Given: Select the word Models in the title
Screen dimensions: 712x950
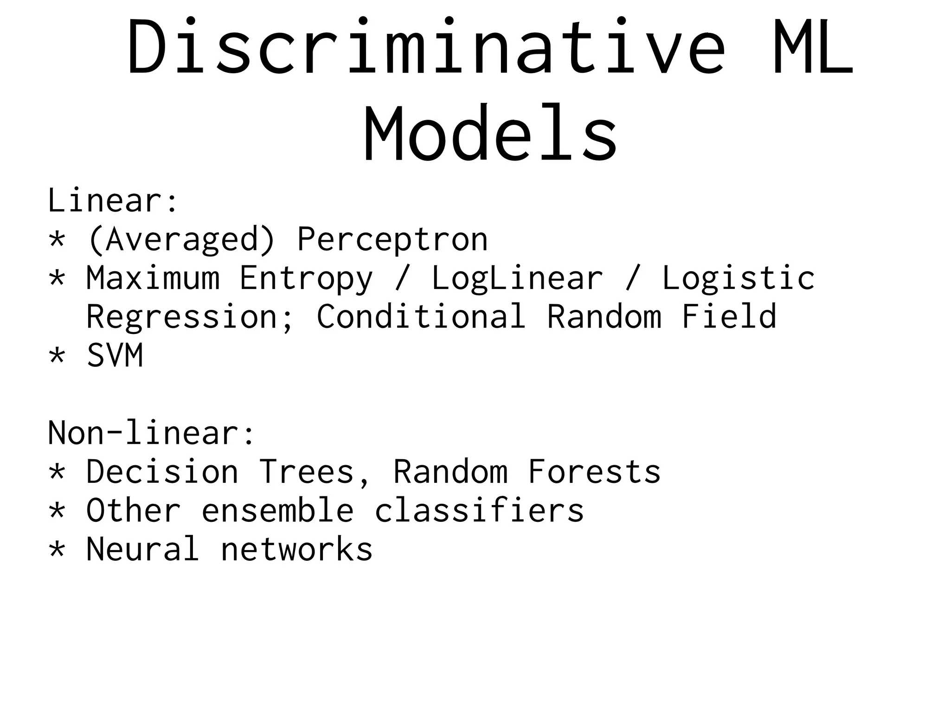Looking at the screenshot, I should [x=490, y=134].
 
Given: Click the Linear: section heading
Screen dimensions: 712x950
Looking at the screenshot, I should [x=113, y=200].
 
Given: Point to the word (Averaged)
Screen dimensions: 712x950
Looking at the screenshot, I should [x=181, y=240].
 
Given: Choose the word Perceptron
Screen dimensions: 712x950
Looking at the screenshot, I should [x=392, y=240].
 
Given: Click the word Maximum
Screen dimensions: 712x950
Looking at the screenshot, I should [x=153, y=278].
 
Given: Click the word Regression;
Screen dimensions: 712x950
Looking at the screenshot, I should [x=190, y=317].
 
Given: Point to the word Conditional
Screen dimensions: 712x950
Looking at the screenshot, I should [x=421, y=316].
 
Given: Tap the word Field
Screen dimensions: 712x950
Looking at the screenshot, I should [x=729, y=316].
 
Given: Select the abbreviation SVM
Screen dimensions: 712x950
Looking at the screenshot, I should [x=115, y=356].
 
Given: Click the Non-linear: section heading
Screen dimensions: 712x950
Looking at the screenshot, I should [x=151, y=433].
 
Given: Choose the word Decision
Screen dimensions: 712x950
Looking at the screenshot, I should [x=162, y=472].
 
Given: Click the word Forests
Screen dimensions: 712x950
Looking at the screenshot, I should [x=594, y=472].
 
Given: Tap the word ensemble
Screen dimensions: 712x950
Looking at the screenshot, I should [x=277, y=511].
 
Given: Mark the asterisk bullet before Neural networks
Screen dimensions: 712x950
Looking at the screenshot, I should [x=57, y=550].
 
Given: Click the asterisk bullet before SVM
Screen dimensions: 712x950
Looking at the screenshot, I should [x=57, y=356].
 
